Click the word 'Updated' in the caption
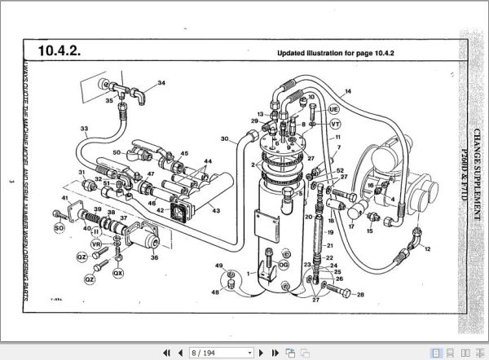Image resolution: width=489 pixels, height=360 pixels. point(292,55)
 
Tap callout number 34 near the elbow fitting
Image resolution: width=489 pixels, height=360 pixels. point(161,83)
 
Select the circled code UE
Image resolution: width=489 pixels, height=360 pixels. point(333,108)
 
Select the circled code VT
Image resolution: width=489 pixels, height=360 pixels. point(335,124)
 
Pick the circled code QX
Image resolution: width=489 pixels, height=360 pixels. point(118,273)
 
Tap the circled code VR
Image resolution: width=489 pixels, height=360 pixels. point(97,244)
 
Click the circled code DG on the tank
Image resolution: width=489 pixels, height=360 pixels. point(284,265)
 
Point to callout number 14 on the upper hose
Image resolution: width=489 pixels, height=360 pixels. point(347,91)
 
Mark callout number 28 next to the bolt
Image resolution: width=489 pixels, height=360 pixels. point(360,294)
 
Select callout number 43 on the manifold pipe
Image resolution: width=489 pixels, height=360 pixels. point(215,211)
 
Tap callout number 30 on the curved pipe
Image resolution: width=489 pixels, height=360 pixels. point(223,139)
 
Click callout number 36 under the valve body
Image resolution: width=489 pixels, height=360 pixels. point(156,254)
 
